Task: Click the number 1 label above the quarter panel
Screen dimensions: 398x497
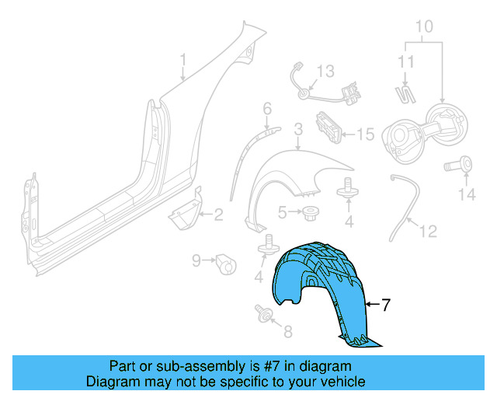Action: (x=183, y=59)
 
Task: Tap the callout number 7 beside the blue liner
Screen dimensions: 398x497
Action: (x=385, y=305)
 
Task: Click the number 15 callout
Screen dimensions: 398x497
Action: (x=365, y=134)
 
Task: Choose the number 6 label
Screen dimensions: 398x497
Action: (x=266, y=108)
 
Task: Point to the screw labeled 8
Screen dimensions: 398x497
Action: (x=262, y=316)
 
